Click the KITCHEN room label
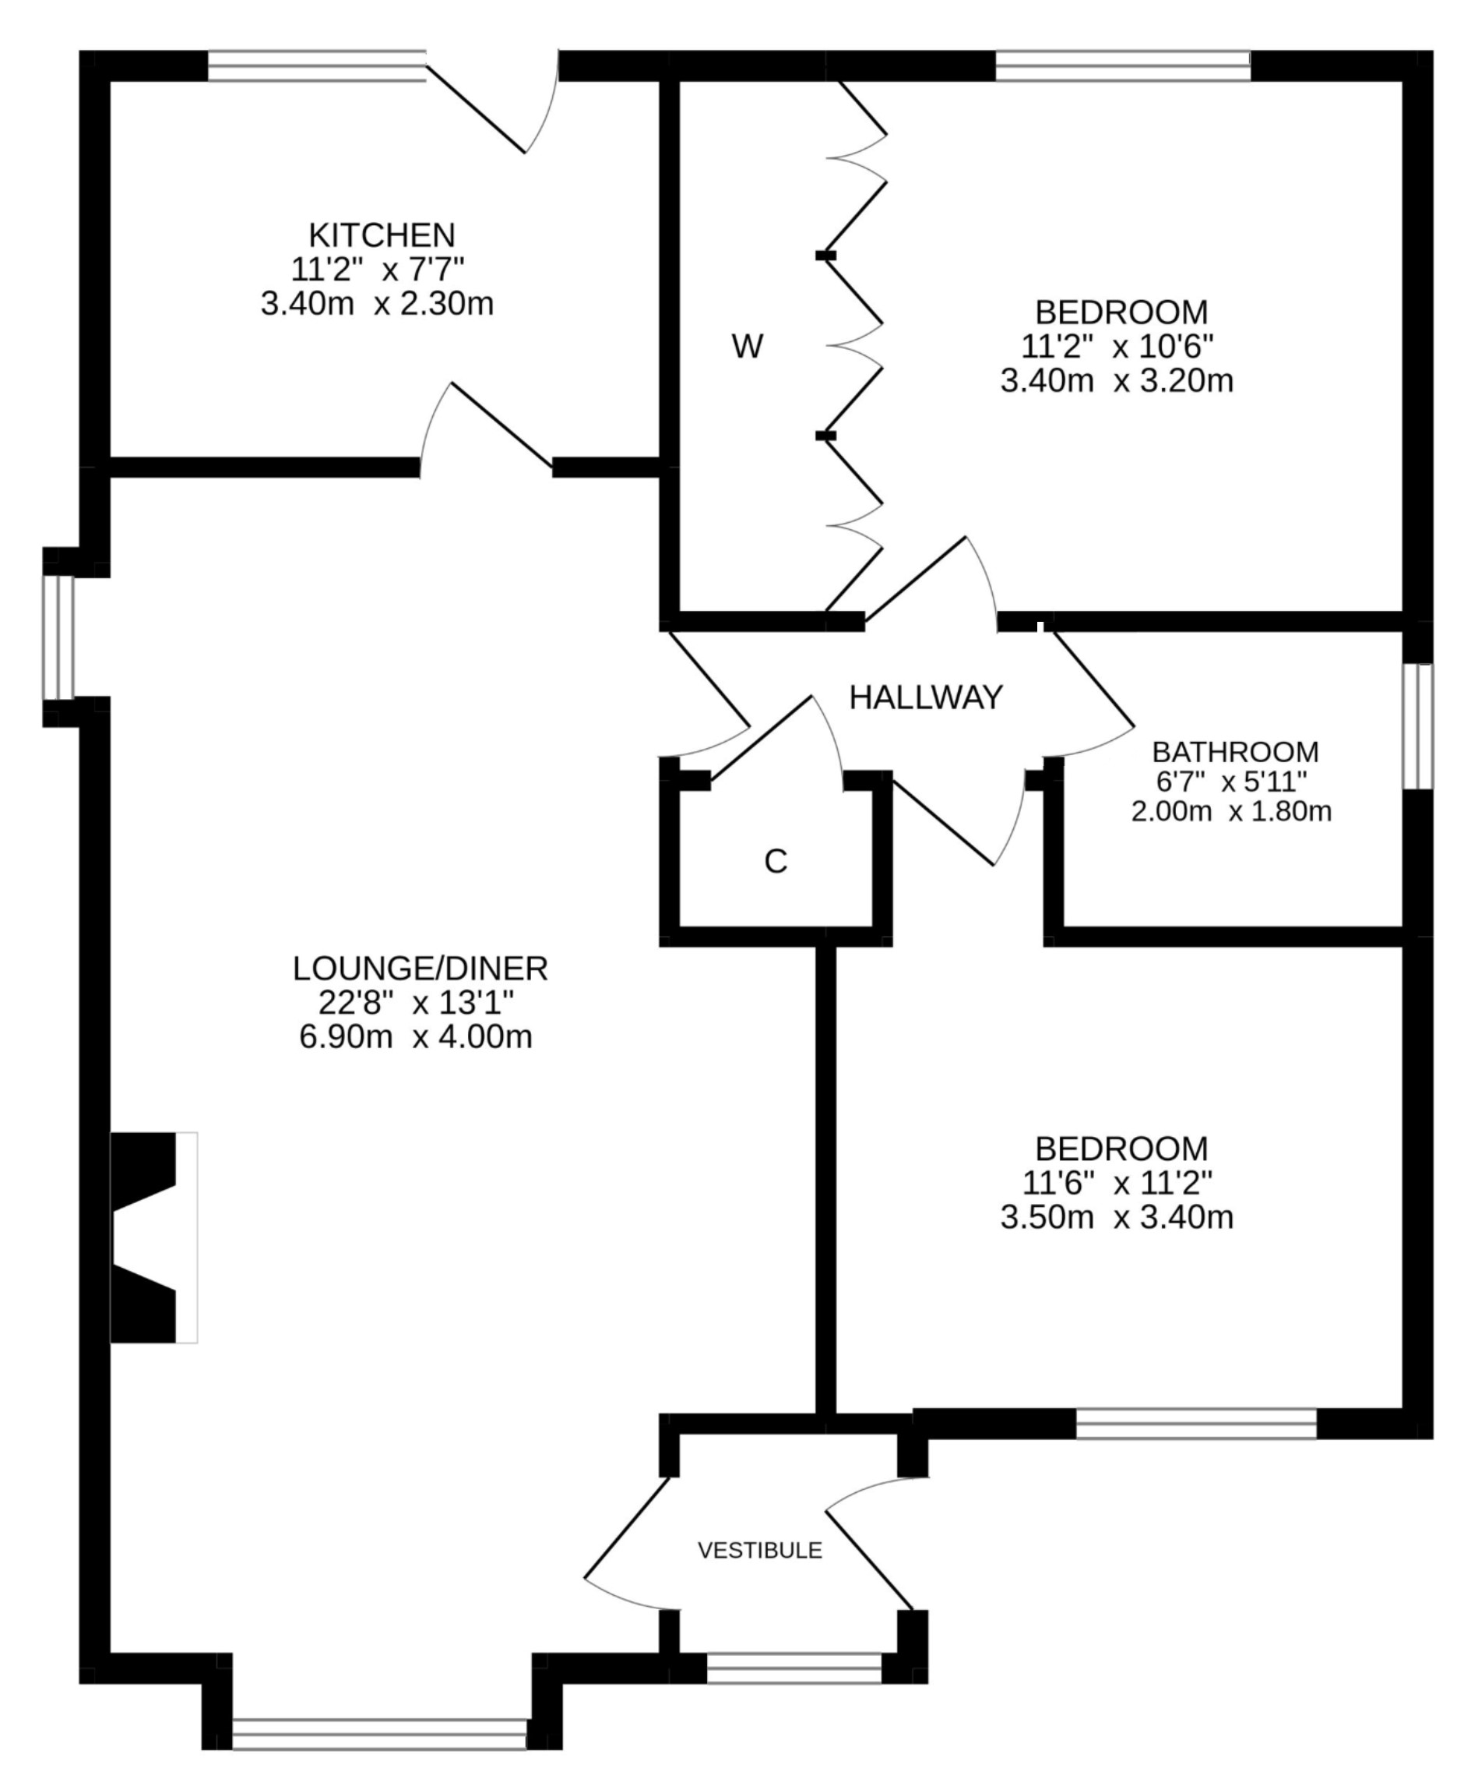click(x=382, y=235)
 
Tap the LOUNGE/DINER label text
click(x=420, y=969)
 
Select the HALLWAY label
click(x=926, y=697)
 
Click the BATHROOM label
click(x=1234, y=751)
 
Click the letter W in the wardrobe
click(x=748, y=346)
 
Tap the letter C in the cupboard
click(x=776, y=862)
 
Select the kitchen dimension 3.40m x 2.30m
click(x=377, y=304)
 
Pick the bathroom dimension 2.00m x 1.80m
click(x=1231, y=812)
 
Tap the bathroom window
click(x=1418, y=726)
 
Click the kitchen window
click(x=317, y=65)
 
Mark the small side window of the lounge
click(x=58, y=637)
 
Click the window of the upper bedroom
click(x=1122, y=65)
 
